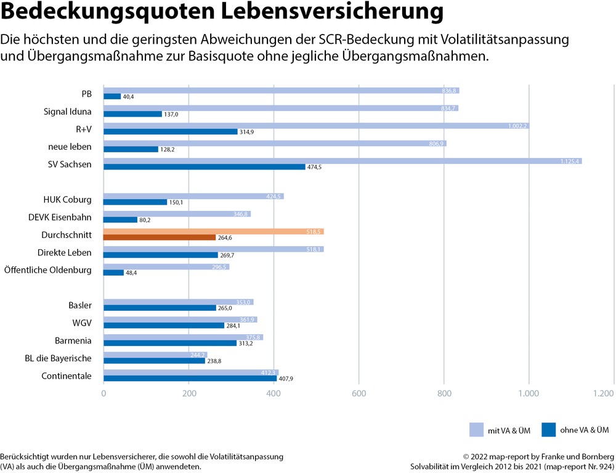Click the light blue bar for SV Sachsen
[x=342, y=161]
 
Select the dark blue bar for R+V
[x=170, y=131]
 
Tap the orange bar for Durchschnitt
[x=213, y=231]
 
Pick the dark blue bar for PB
[x=112, y=96]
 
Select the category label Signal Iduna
[x=68, y=112]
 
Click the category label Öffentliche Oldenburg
[x=48, y=270]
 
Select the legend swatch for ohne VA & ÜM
[x=549, y=429]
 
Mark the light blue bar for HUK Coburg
[x=193, y=197]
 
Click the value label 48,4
[x=131, y=273]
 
